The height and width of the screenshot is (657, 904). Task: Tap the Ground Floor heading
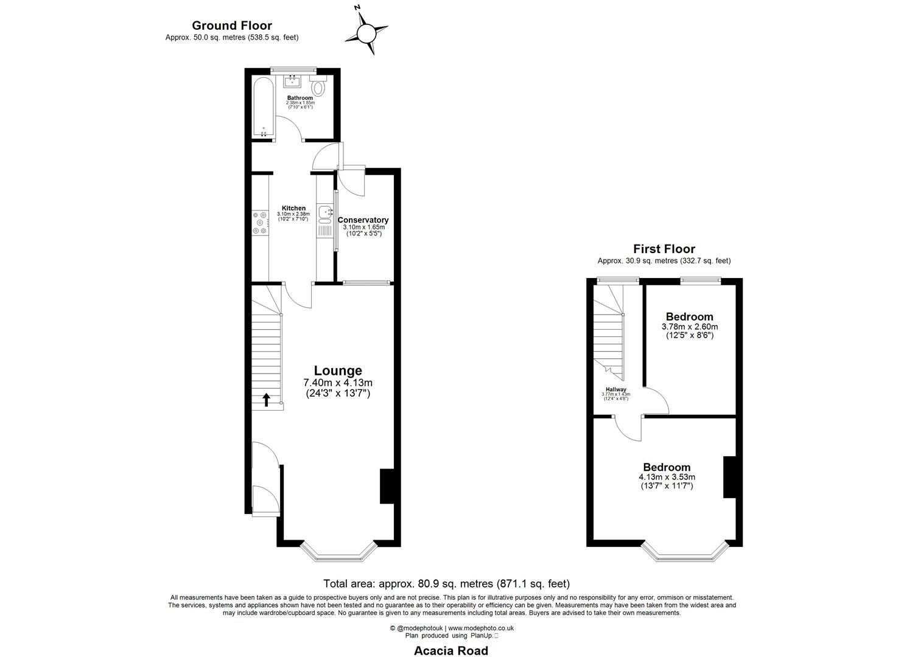coord(231,26)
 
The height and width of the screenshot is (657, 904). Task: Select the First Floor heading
coord(664,249)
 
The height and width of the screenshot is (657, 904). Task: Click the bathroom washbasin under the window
coord(293,81)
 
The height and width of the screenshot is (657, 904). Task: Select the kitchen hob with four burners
coord(259,222)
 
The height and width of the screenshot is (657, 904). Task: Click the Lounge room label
coord(338,370)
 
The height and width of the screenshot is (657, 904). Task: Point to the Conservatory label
coord(363,220)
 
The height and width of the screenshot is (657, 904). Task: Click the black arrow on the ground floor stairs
coord(266,399)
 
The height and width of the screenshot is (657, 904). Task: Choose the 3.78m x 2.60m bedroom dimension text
coord(689,327)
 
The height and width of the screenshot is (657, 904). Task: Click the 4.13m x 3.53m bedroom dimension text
coord(667,477)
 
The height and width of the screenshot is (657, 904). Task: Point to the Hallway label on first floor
coord(616,390)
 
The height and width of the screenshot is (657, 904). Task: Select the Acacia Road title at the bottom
coord(451,650)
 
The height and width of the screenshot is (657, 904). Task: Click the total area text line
coord(446,584)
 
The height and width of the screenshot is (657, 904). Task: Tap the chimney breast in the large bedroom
coord(729,477)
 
